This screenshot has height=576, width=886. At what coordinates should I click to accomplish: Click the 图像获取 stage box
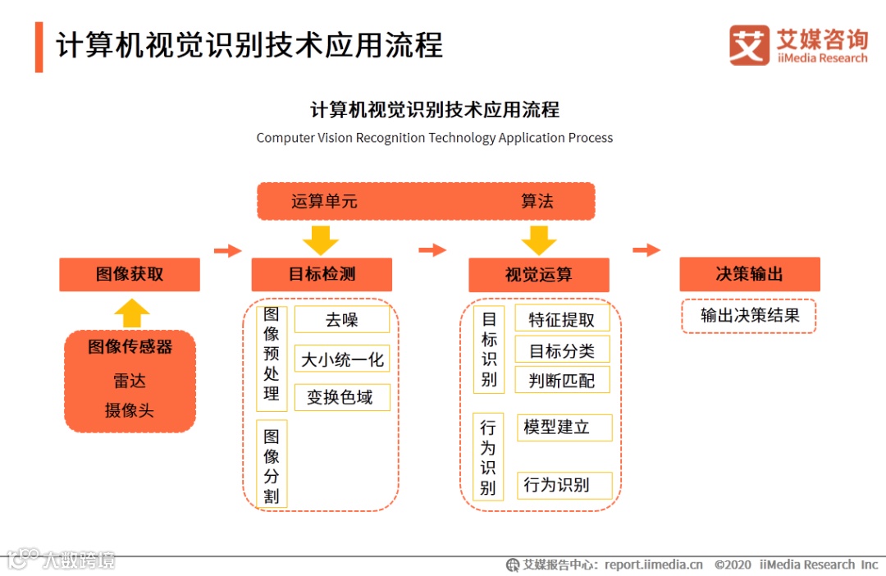pos(130,275)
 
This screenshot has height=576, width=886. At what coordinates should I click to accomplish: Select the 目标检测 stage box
pos(322,275)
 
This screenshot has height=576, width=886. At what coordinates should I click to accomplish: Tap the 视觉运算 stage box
pos(538,275)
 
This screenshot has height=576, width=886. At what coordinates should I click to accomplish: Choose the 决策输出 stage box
pos(749,275)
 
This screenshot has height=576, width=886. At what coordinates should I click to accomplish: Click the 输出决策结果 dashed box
pos(748,316)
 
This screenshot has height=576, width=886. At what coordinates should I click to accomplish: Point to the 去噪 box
pos(342,320)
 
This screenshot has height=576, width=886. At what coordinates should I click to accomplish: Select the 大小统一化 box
pos(342,359)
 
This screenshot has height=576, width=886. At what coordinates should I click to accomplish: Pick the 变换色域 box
pos(342,397)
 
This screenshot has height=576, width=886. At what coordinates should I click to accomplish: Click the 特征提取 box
pos(563,319)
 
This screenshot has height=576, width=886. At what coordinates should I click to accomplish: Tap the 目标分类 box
pos(563,351)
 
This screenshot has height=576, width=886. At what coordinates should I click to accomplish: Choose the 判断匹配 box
pos(563,380)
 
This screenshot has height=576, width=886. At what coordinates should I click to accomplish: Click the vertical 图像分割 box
pos(272,464)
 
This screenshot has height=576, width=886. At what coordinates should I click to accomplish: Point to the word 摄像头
pos(130,410)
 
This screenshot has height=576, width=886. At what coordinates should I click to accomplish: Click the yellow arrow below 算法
pos(538,239)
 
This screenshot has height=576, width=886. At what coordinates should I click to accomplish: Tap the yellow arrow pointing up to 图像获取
pos(132,313)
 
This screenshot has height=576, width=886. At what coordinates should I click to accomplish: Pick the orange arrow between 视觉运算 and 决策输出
pos(646,250)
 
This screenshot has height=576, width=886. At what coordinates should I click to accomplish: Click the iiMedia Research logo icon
pos(749,45)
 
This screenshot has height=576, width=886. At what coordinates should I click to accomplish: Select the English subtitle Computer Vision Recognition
pos(434,138)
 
